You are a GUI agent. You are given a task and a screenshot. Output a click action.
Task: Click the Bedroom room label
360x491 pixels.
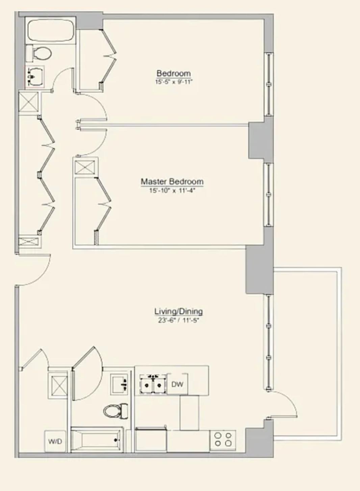point(174,73)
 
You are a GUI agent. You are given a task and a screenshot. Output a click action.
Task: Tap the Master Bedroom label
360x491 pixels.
point(172,181)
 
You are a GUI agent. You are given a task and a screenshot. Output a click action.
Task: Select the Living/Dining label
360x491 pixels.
point(179,311)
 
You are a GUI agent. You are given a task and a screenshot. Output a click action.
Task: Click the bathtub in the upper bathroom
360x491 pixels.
point(51,30)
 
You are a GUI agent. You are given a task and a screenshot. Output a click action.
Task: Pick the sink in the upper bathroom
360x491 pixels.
point(35,77)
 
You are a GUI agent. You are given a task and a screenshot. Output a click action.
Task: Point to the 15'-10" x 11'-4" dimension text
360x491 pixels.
point(172,190)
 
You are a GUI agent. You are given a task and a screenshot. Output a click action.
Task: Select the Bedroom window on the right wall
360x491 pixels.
point(269,84)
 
